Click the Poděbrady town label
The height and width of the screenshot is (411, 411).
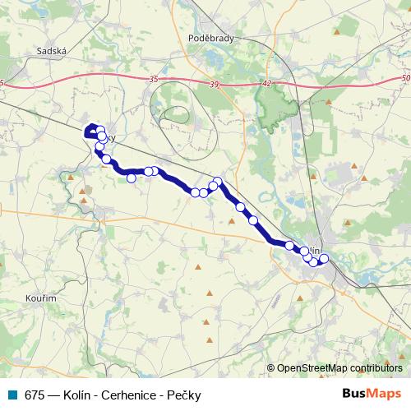[212, 39]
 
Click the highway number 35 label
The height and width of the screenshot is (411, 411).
[154, 80]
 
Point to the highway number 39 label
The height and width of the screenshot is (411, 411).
[215, 85]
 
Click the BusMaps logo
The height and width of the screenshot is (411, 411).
[372, 395]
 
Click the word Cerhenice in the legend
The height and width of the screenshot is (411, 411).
[114, 395]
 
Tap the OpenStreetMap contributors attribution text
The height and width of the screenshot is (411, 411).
[339, 368]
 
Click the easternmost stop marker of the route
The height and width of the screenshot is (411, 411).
[324, 259]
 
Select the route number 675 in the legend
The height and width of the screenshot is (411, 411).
[34, 395]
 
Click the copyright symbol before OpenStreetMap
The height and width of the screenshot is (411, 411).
[271, 368]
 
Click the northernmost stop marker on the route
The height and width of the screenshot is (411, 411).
[99, 129]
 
